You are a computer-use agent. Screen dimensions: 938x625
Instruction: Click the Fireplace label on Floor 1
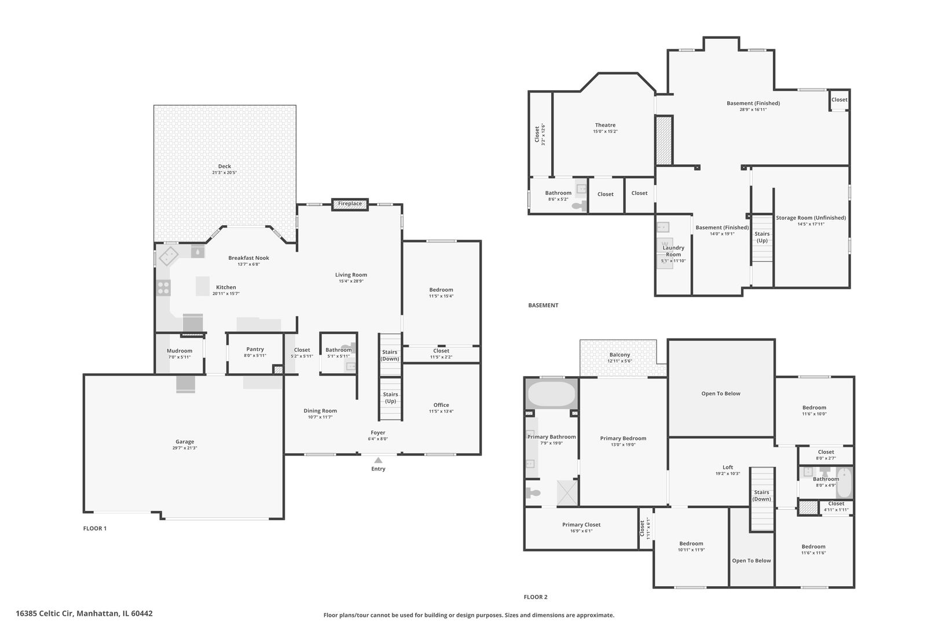tap(350, 204)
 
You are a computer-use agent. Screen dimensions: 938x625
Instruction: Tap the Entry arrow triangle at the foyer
tap(378, 460)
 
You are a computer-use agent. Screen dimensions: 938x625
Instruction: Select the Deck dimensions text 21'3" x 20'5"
tap(225, 172)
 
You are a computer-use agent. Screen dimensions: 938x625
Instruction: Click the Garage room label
tap(185, 442)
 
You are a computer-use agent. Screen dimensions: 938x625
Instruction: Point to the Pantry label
tap(255, 349)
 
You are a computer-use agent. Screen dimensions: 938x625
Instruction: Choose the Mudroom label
tap(179, 351)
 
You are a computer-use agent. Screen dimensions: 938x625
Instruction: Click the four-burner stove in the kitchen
tap(163, 288)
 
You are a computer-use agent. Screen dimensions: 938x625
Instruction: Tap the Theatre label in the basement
tap(605, 125)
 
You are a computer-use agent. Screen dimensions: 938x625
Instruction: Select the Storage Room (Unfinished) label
tap(811, 218)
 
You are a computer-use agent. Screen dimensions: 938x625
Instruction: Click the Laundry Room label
tap(673, 251)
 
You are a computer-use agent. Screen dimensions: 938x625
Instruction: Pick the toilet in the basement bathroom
tap(579, 205)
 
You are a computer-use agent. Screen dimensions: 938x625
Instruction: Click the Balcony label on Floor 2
tap(620, 355)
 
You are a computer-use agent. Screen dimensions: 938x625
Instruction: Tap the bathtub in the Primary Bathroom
tap(551, 394)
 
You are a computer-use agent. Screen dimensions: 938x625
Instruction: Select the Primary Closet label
tap(581, 524)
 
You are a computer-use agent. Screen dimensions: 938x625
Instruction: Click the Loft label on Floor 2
tap(728, 467)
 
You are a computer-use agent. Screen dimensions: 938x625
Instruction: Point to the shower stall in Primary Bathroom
tap(567, 492)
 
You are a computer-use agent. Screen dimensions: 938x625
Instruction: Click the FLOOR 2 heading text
tap(536, 597)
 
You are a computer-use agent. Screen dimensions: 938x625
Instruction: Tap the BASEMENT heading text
tap(543, 305)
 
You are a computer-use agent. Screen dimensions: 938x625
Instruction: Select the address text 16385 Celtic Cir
tap(45, 613)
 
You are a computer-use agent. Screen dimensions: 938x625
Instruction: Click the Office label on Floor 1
tap(441, 405)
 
